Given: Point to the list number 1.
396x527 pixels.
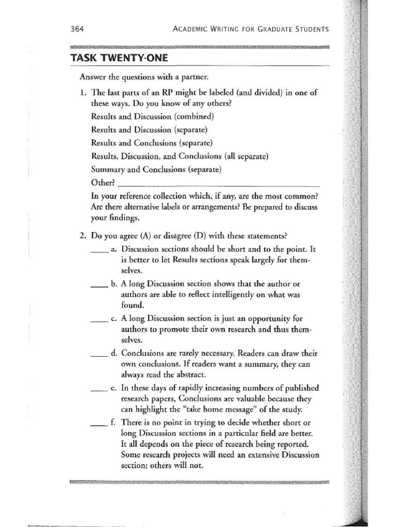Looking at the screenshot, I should click(82, 93).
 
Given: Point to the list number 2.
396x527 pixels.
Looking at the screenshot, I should click(82, 236).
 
